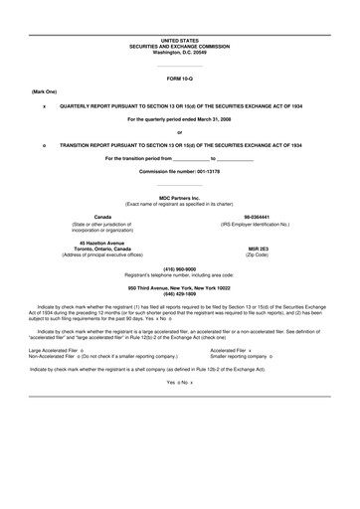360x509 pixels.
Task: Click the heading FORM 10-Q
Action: [x=179, y=77]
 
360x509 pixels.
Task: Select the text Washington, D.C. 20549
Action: [x=179, y=51]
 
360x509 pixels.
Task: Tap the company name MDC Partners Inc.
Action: [x=179, y=195]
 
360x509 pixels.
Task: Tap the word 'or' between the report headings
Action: [x=179, y=131]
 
